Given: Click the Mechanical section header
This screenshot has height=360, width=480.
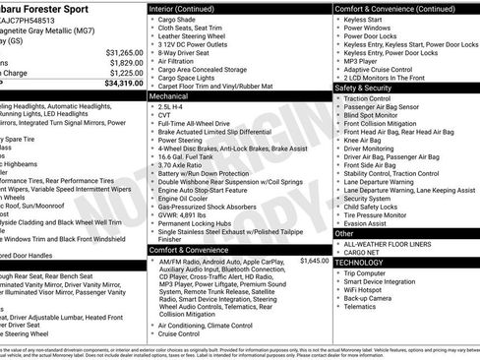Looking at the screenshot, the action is pyautogui.click(x=170, y=97).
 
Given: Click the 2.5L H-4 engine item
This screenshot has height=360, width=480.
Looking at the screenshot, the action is pyautogui.click(x=172, y=108).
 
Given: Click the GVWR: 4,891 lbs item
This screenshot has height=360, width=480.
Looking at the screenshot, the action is pyautogui.click(x=184, y=213).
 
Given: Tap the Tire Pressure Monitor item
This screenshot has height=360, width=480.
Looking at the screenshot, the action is pyautogui.click(x=382, y=213).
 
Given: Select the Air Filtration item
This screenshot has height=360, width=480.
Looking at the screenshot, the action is pyautogui.click(x=180, y=59).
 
